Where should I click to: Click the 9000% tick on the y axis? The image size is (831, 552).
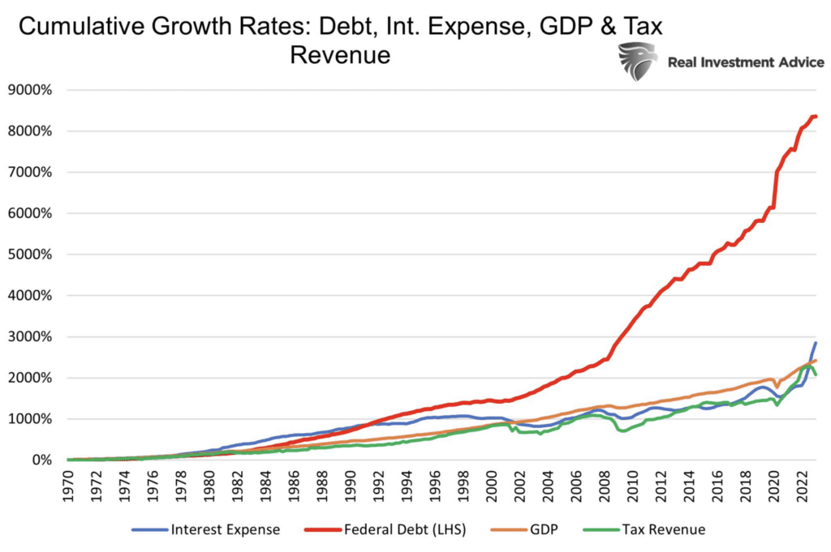[x=29, y=90]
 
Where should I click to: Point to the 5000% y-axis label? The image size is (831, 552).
[x=29, y=255]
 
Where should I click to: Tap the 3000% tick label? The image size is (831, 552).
[x=29, y=337]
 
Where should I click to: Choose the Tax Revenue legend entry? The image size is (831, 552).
[x=658, y=530]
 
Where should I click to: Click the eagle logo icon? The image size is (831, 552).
[x=637, y=62]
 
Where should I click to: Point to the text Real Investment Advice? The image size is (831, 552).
[x=745, y=62]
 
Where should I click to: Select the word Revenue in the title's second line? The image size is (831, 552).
[x=341, y=55]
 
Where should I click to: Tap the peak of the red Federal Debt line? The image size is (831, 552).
[x=814, y=117]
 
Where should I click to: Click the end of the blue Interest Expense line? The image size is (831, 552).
[x=816, y=343]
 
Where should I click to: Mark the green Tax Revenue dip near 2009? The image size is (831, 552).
[x=623, y=430]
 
